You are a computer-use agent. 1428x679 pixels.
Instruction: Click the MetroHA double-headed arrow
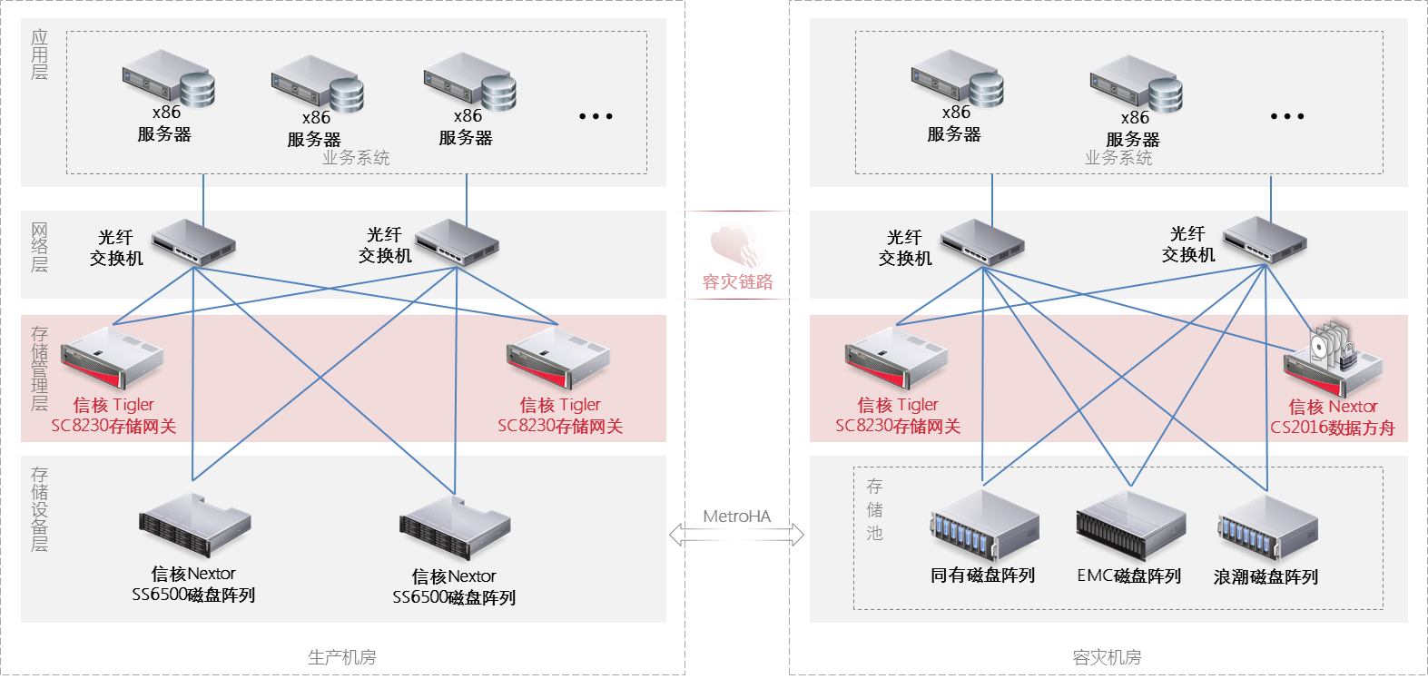tap(736, 535)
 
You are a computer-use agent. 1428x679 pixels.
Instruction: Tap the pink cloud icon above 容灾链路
tap(736, 245)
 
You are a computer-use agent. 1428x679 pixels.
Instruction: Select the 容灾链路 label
tap(737, 281)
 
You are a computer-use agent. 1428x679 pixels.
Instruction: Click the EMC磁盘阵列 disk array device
tap(1130, 525)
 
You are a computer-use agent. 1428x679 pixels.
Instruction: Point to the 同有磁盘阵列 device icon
tap(984, 526)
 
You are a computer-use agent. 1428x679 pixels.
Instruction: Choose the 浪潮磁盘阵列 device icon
tap(1267, 528)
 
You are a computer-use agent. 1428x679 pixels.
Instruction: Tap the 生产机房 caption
tap(341, 657)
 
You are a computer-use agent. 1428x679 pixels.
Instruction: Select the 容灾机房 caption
tap(1107, 657)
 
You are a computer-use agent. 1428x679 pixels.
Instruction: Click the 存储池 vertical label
tap(874, 510)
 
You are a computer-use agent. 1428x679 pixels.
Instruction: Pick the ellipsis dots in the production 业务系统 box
tap(596, 116)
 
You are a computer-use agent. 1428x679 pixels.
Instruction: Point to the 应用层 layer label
tap(40, 54)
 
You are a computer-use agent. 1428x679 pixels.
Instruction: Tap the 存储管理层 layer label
tap(40, 369)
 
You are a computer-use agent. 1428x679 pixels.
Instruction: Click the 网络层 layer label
tap(40, 248)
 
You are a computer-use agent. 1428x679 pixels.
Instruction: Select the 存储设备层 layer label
tap(40, 509)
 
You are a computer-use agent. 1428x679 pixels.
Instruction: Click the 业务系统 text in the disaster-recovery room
tap(1118, 158)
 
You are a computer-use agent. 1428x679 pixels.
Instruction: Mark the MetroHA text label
tap(737, 516)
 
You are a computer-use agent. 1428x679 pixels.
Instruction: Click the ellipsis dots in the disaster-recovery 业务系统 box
tap(1287, 116)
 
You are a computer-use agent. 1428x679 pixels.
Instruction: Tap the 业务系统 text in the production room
tap(356, 158)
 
